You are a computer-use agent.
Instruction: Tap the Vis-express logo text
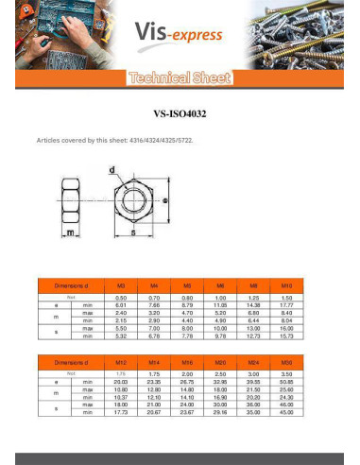[180, 35]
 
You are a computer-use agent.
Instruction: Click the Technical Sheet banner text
[180, 78]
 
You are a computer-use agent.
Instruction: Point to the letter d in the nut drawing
[111, 170]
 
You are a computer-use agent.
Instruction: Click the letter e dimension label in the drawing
[165, 200]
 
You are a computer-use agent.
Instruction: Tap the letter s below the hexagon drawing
[133, 232]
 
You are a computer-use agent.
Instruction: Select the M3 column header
[120, 284]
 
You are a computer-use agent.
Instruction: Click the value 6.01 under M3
[120, 305]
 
